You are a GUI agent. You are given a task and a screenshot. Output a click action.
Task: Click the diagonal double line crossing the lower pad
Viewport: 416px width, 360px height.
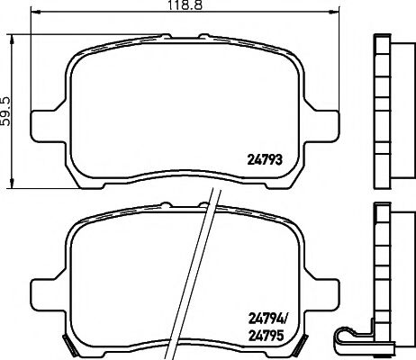(x=202, y=270)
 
